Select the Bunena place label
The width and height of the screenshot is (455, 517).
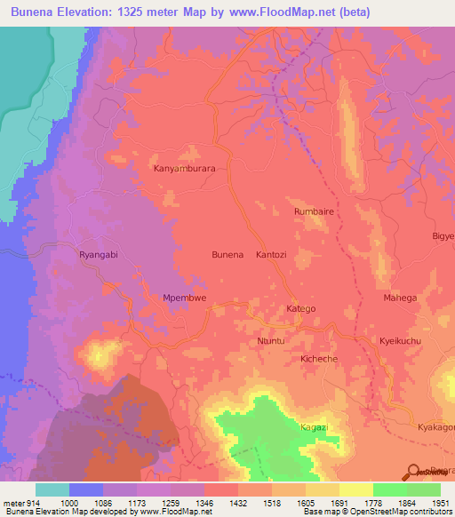(x=227, y=255)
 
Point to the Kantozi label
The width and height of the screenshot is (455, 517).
(x=274, y=255)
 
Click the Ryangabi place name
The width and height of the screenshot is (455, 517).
(x=99, y=252)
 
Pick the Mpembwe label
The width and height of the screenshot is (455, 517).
(x=185, y=298)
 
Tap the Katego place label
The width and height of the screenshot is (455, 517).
(x=300, y=308)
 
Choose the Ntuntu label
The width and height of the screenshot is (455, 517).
(x=270, y=340)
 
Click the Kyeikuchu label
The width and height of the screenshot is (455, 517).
(x=399, y=341)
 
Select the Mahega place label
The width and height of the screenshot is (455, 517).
(x=399, y=298)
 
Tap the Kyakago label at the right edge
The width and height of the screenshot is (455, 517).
(x=435, y=427)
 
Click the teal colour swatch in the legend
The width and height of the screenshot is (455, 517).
(x=52, y=489)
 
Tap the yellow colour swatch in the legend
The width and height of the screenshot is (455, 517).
(x=356, y=489)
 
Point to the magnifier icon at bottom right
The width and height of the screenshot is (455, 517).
(x=414, y=472)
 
